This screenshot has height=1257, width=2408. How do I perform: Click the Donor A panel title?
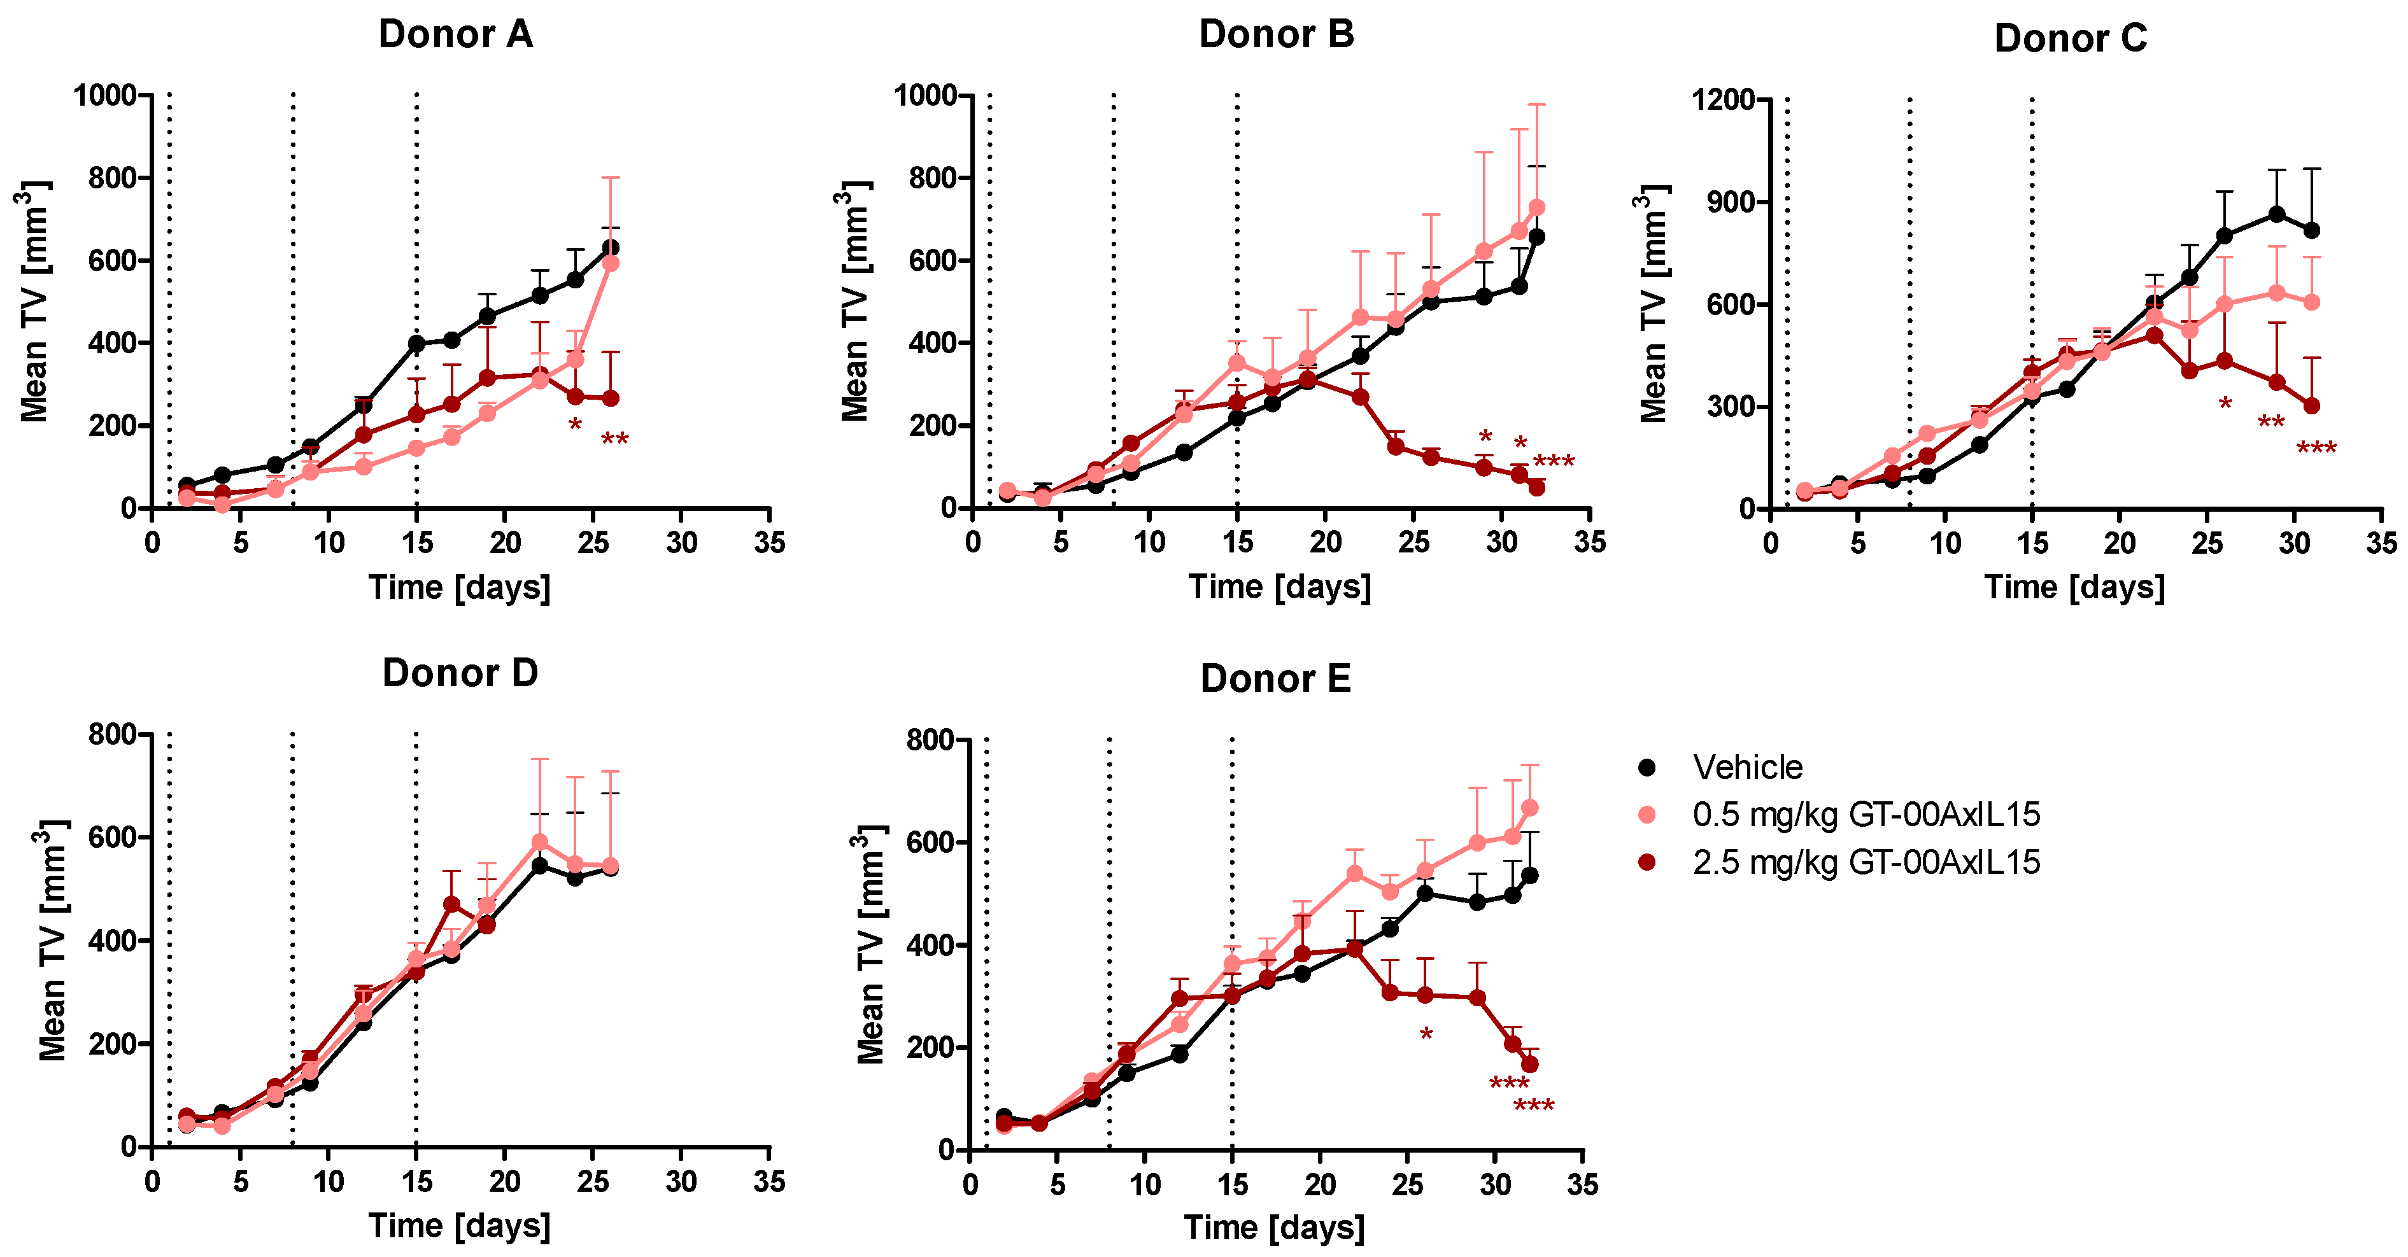click(455, 34)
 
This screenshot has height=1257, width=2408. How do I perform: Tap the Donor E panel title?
click(1275, 678)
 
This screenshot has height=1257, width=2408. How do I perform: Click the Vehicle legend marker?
click(1647, 768)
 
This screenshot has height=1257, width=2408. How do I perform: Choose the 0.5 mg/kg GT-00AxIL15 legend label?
click(1866, 815)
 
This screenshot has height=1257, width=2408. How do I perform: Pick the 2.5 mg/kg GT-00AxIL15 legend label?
click(1866, 862)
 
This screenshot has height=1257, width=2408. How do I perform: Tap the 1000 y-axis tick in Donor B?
click(924, 95)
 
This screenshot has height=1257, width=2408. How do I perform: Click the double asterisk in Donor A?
click(614, 439)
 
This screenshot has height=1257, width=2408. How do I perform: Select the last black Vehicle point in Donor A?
click(611, 248)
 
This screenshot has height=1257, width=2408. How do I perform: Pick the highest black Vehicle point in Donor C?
click(2277, 214)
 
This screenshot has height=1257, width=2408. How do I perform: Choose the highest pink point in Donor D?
click(539, 843)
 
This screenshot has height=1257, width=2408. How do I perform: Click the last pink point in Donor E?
click(1530, 808)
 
